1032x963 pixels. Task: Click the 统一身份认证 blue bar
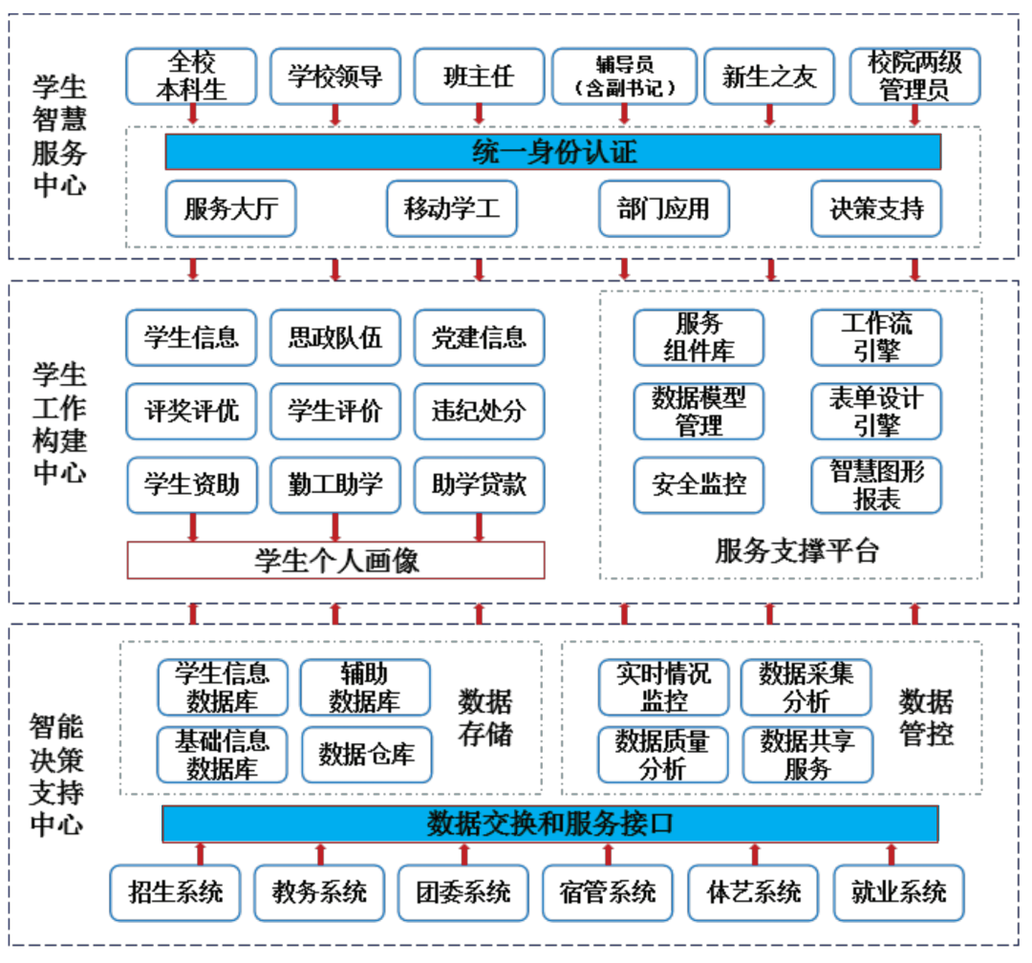coord(552,152)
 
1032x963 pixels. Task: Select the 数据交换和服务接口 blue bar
coord(549,824)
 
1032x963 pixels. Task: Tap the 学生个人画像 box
coord(335,561)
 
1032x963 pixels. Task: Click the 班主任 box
coord(480,76)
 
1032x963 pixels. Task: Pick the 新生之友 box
coord(769,76)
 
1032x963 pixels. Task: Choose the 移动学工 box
coord(452,208)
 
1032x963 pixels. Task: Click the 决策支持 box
coord(876,208)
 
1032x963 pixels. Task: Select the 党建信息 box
coord(480,337)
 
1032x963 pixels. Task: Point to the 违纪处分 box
coord(480,412)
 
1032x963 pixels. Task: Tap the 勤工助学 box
coord(335,484)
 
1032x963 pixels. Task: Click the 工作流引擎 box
coord(876,337)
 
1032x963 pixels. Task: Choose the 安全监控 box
coord(699,484)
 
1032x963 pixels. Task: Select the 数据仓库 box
coord(366,755)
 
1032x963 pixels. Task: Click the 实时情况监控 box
coord(663,687)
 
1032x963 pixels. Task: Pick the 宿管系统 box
coord(609,893)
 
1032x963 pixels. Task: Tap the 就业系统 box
coord(898,893)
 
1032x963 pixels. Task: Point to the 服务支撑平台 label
coord(796,550)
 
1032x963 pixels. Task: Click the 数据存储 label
coord(485,717)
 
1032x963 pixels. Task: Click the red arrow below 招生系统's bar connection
coord(201,853)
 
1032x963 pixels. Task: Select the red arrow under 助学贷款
coord(480,526)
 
